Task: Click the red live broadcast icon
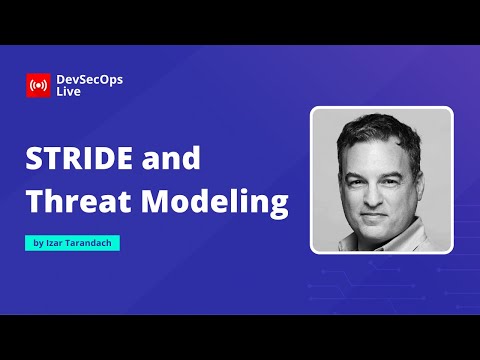click(38, 85)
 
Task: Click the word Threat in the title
click(73, 201)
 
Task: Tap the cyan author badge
click(73, 243)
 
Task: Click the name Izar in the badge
click(55, 243)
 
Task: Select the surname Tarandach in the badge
click(91, 243)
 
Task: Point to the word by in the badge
click(38, 243)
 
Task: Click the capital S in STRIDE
click(33, 160)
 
